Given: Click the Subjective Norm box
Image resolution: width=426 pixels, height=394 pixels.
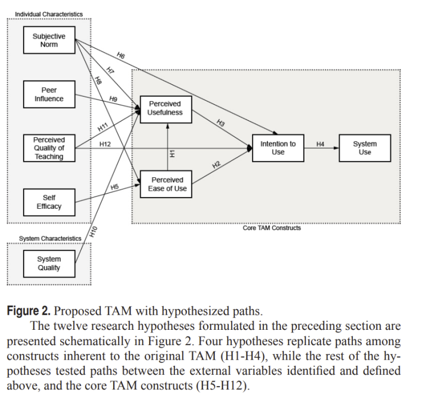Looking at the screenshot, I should coord(49,40).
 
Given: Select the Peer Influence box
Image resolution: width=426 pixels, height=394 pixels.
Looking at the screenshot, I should coord(49,94).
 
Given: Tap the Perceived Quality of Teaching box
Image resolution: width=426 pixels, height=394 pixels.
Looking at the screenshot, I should coord(49,148).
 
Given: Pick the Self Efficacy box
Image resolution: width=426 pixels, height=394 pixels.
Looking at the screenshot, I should coord(49,202).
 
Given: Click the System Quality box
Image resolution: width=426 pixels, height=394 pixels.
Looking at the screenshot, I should coord(49,263).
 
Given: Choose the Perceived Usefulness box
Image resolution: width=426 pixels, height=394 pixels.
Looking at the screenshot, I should coord(165,108).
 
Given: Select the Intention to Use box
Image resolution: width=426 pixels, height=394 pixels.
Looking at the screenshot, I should coord(277,148).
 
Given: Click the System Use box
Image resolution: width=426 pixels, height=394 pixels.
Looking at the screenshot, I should coord(365,148).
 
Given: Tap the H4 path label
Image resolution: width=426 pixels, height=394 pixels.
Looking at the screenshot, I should coord(320,144).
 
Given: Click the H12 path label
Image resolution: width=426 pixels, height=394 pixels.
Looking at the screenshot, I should coord(105,144).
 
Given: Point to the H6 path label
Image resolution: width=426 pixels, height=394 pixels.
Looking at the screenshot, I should coord(120,55).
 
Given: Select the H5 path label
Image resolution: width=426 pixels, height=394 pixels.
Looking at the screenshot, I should coord(115,186).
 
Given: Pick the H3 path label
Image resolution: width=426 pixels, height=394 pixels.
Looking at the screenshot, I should coord(221,123).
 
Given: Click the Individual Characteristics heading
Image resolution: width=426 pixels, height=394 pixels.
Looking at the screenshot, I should coord(48,14).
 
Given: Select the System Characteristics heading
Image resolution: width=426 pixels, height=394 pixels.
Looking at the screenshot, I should coord(50,239).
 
